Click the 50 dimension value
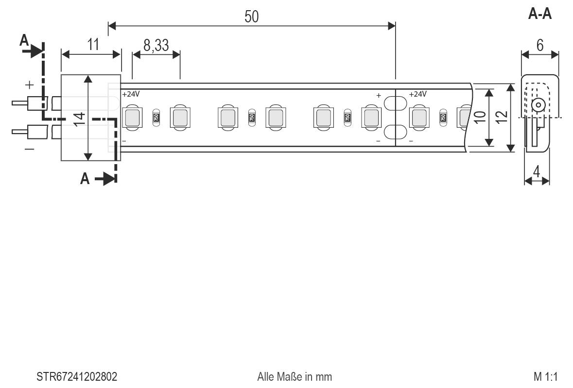click(x=251, y=17)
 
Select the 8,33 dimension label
click(x=156, y=46)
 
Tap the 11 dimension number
click(x=93, y=45)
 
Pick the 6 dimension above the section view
click(x=539, y=45)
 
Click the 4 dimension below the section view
click(x=537, y=171)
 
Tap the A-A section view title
click(x=539, y=15)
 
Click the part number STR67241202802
click(x=77, y=377)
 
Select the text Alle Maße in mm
click(x=295, y=377)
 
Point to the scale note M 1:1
click(x=545, y=377)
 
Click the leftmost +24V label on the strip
click(x=131, y=94)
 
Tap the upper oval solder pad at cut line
click(x=395, y=103)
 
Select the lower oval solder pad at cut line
click(x=395, y=132)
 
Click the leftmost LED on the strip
click(x=132, y=118)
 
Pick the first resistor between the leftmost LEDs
click(x=156, y=117)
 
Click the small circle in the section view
click(x=538, y=105)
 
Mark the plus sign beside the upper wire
click(x=30, y=85)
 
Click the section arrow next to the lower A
click(x=105, y=179)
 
